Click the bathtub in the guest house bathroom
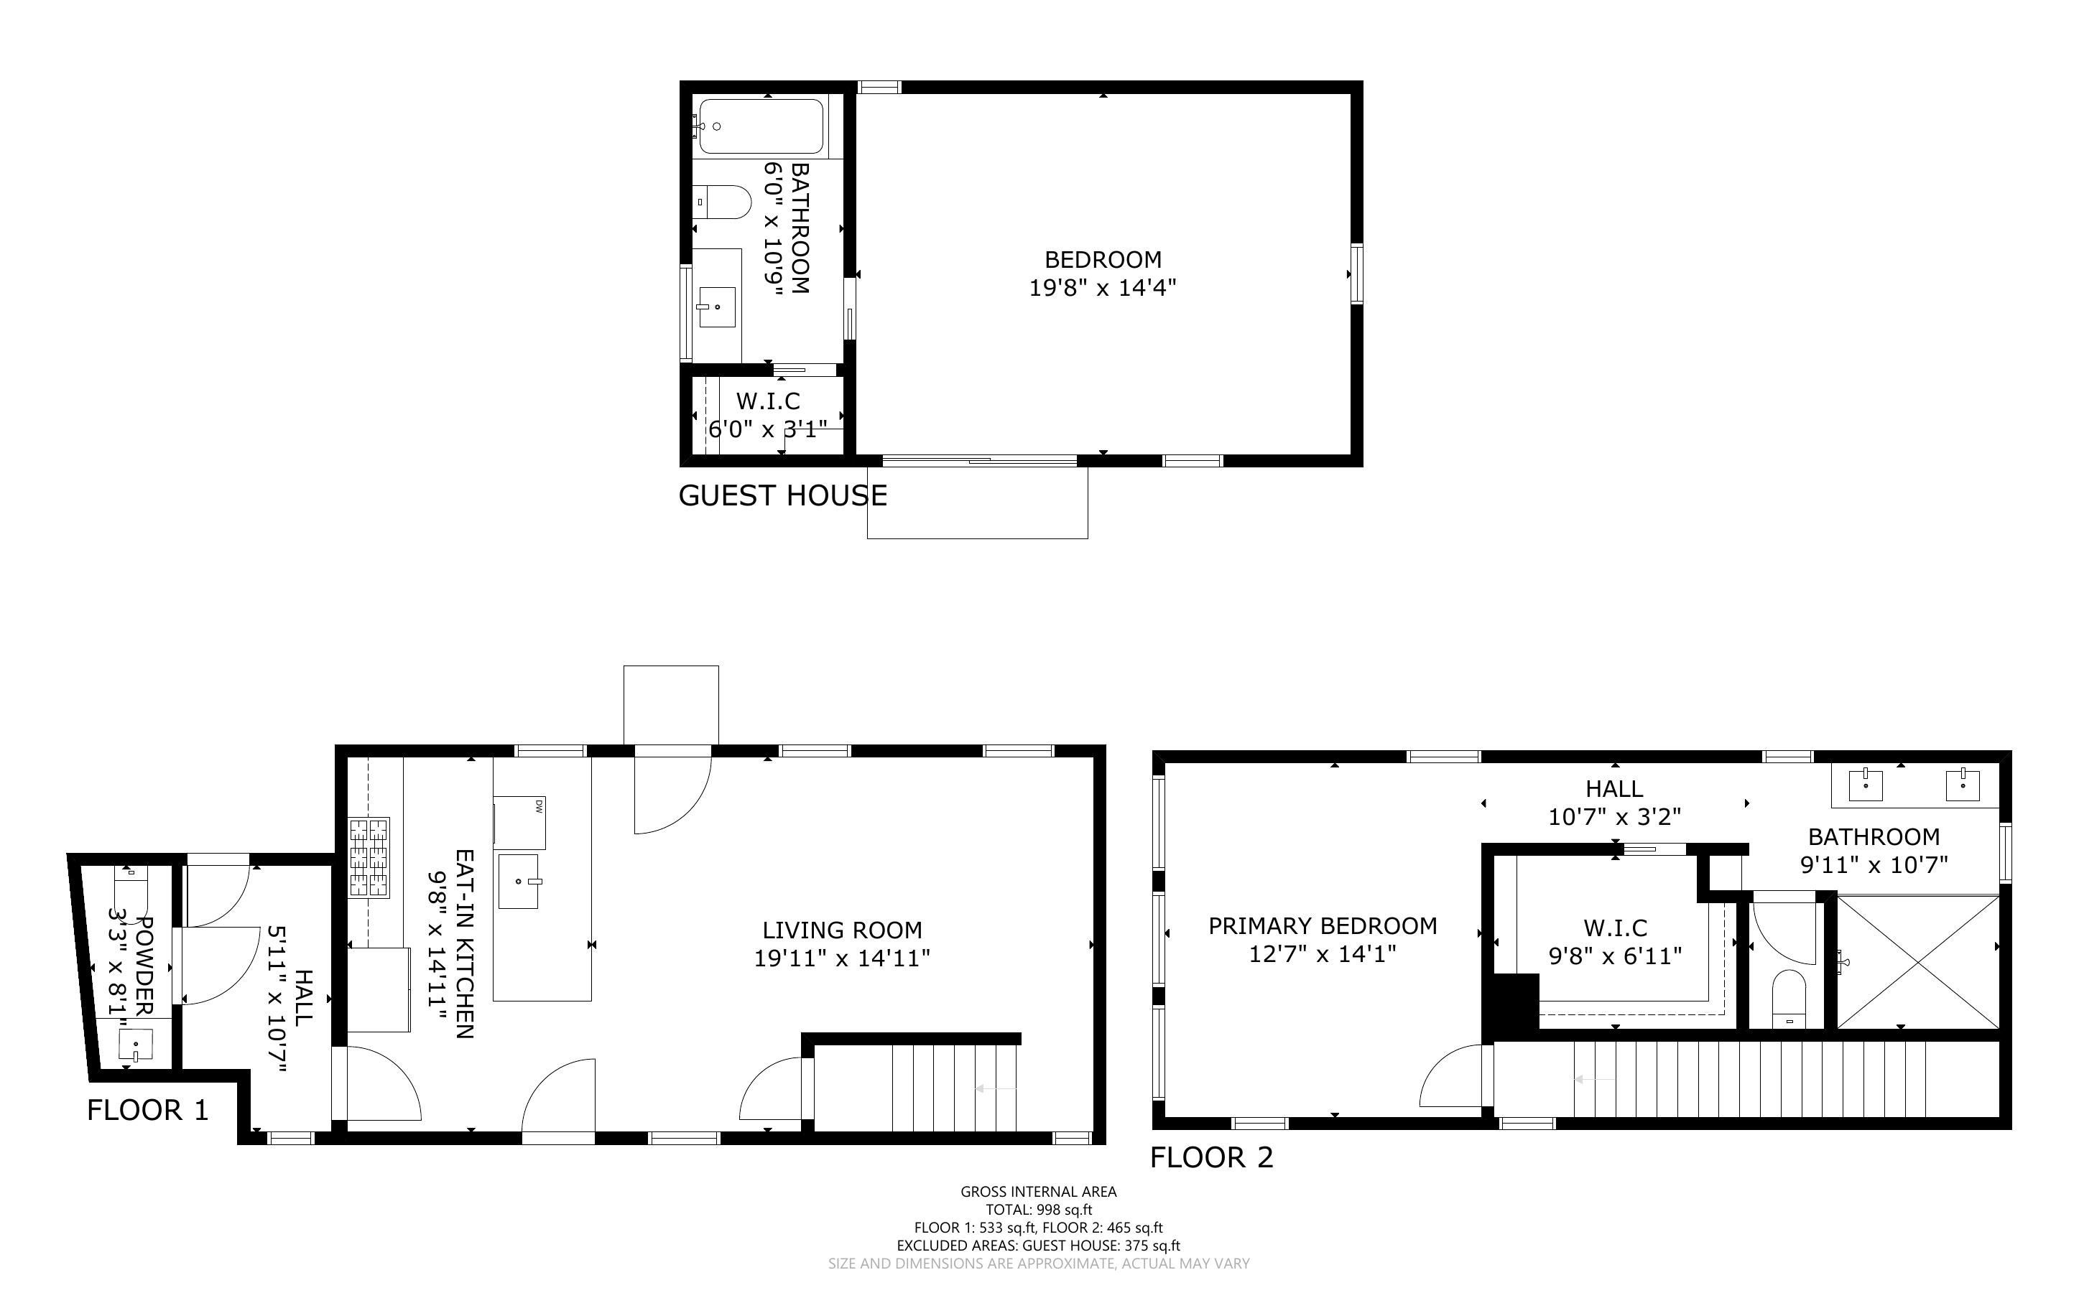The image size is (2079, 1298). (x=760, y=126)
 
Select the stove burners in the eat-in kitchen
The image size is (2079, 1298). (x=369, y=858)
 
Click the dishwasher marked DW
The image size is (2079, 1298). (x=519, y=823)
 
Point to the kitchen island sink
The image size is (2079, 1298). (x=519, y=881)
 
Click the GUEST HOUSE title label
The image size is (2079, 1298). (x=782, y=495)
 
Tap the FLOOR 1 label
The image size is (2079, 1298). (x=148, y=1110)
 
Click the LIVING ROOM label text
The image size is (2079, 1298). (x=843, y=930)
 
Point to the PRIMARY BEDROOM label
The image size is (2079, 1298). (x=1323, y=925)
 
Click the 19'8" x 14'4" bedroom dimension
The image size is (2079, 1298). (x=1103, y=286)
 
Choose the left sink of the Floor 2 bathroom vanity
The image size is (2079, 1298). (x=1865, y=785)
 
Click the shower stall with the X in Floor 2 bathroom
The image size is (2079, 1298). (x=1917, y=961)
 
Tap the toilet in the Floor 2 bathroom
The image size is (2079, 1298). (x=1789, y=999)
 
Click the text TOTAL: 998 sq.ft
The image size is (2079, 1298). (x=1038, y=1210)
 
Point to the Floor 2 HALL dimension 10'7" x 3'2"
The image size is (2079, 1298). (x=1614, y=816)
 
